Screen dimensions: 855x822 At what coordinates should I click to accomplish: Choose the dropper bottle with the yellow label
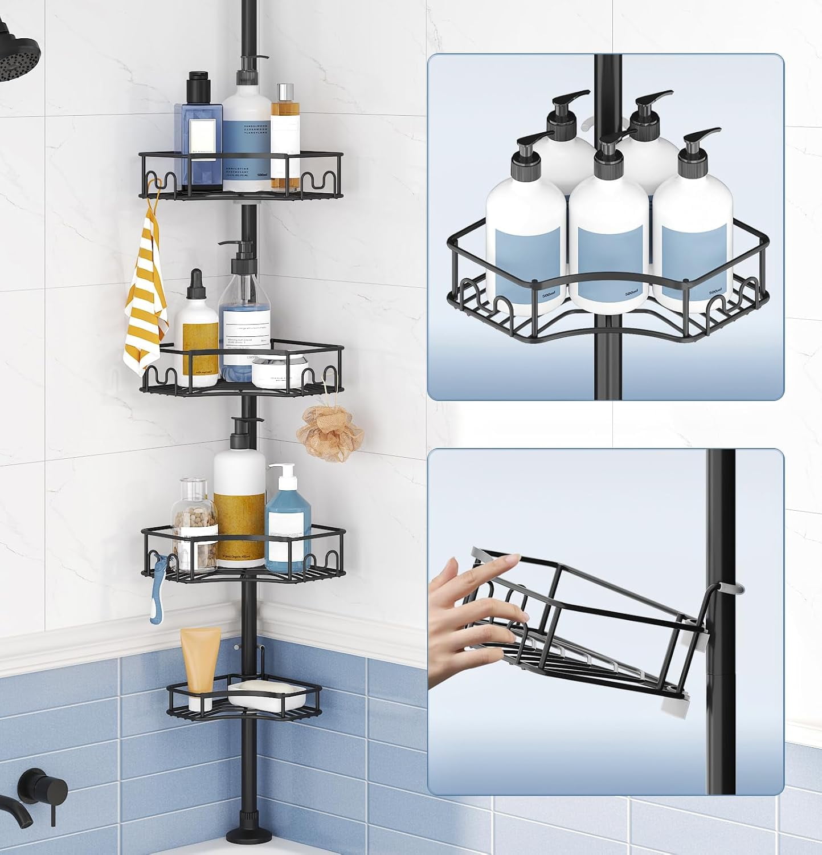197,336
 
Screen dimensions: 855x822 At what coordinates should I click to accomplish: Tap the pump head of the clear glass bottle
242,250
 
